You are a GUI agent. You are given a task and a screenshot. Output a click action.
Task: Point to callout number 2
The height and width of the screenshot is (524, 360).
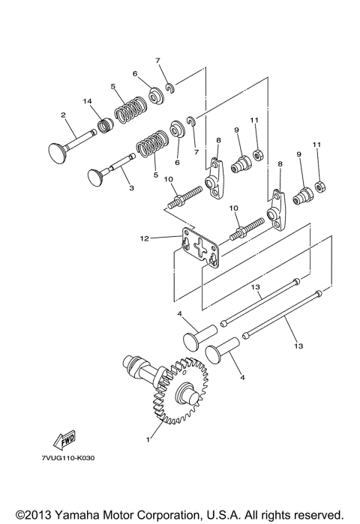click(x=64, y=115)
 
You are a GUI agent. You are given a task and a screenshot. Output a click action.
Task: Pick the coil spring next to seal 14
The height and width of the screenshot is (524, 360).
click(x=129, y=109)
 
